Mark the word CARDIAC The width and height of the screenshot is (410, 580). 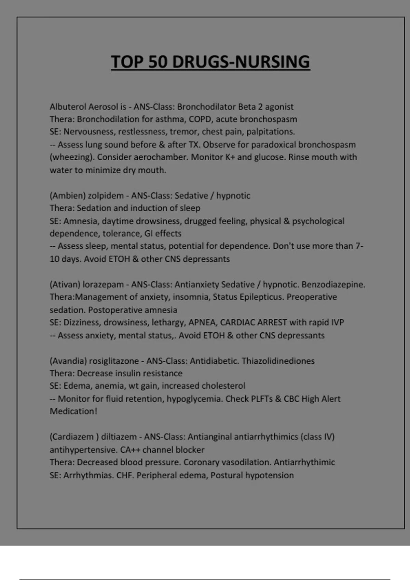click(x=237, y=322)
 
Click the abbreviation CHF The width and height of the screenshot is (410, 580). click(x=125, y=475)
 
